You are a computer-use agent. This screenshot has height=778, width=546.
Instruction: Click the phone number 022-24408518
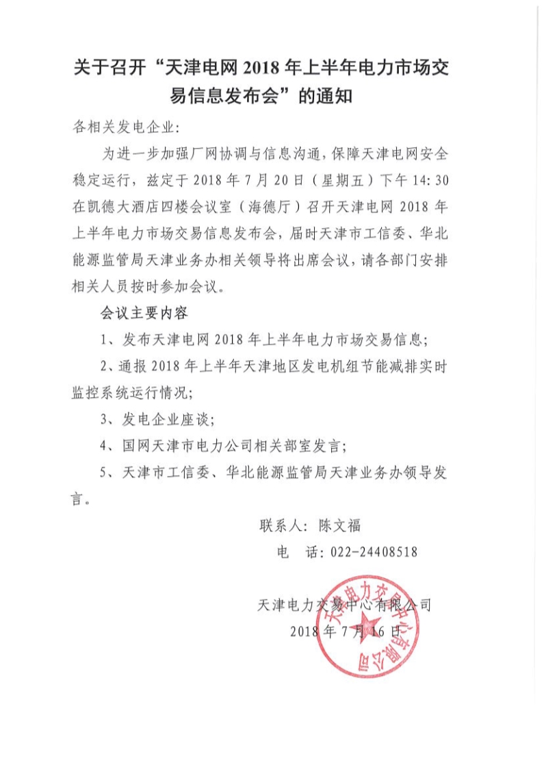point(374,551)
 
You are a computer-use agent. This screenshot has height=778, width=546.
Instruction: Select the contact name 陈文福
point(339,526)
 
